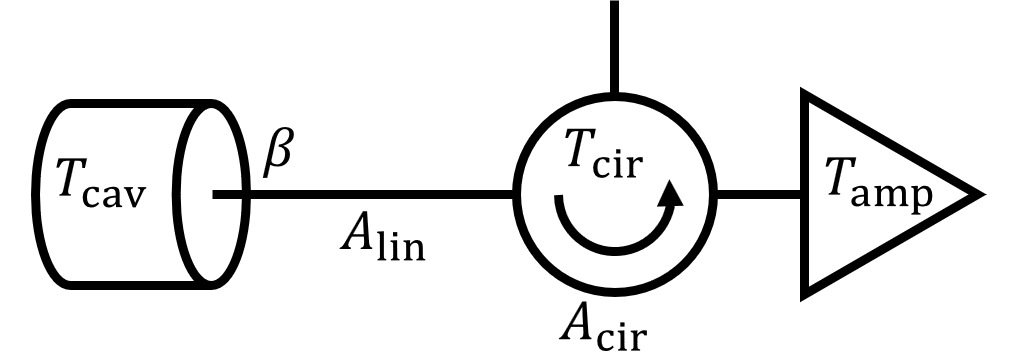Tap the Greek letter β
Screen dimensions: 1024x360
point(278,158)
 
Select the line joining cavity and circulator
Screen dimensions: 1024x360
point(370,193)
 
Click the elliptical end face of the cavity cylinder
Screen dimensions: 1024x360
point(213,193)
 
